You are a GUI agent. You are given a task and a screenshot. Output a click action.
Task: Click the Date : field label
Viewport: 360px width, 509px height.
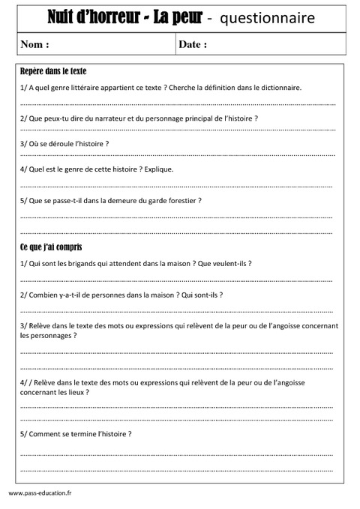193,44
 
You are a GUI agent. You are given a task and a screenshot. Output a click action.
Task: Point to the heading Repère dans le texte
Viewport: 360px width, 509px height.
53,72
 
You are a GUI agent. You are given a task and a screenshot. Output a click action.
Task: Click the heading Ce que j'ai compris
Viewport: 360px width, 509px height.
51,247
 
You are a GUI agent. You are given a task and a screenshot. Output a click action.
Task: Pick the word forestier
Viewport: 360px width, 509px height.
182,201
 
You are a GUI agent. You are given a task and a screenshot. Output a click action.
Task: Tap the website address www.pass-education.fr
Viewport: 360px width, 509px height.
40,493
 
